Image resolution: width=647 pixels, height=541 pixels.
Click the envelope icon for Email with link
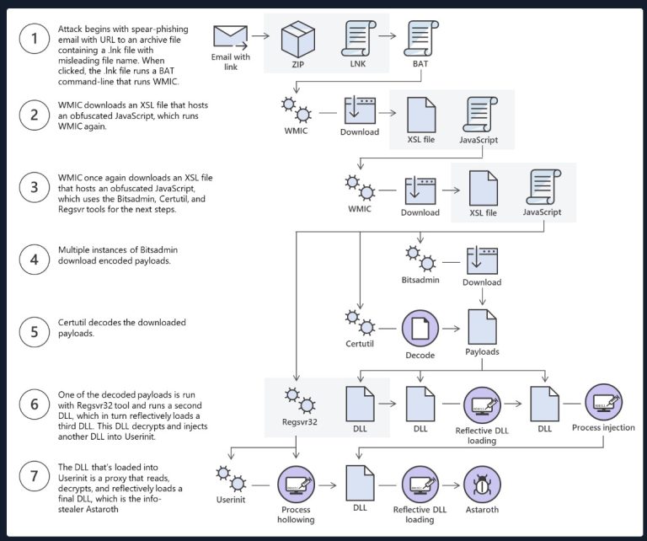point(228,36)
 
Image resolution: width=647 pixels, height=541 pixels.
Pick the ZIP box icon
point(297,39)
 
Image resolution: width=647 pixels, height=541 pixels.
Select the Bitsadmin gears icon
point(420,257)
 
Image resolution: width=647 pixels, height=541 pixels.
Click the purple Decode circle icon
point(420,328)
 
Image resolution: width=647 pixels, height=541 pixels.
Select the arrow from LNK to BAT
point(388,36)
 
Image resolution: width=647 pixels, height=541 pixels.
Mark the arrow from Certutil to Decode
point(388,327)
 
